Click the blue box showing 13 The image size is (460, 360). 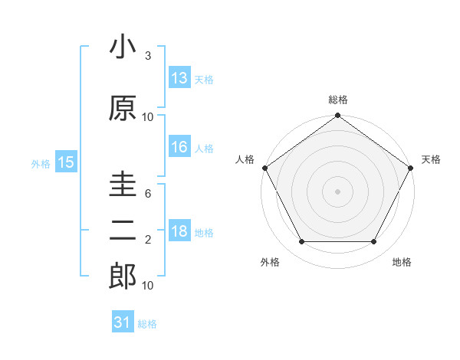click(179, 78)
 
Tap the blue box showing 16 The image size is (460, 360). click(179, 148)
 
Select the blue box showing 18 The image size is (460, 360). click(179, 232)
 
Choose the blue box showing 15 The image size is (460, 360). click(66, 162)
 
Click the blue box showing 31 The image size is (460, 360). click(123, 323)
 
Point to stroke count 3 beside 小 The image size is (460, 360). click(148, 56)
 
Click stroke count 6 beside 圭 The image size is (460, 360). click(148, 194)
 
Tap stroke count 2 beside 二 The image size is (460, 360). click(148, 241)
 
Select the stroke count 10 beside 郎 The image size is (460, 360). click(148, 286)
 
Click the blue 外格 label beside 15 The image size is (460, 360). click(41, 163)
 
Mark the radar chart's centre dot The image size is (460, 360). click(337, 191)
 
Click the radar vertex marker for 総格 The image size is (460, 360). click(337, 116)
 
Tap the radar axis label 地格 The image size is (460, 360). click(402, 263)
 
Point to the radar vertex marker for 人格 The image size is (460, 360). click(264, 168)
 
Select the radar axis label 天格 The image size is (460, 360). click(431, 159)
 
